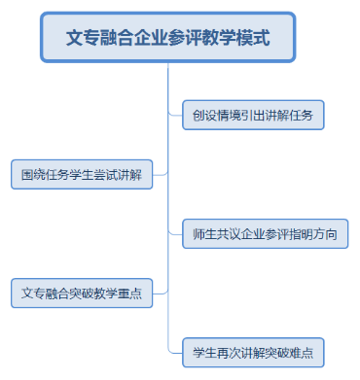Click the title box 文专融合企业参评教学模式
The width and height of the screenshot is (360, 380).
click(167, 39)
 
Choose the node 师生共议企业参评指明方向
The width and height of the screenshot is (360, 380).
click(265, 234)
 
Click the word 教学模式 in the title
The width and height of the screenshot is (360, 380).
click(239, 39)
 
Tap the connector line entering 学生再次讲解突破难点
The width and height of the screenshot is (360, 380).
click(175, 351)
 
